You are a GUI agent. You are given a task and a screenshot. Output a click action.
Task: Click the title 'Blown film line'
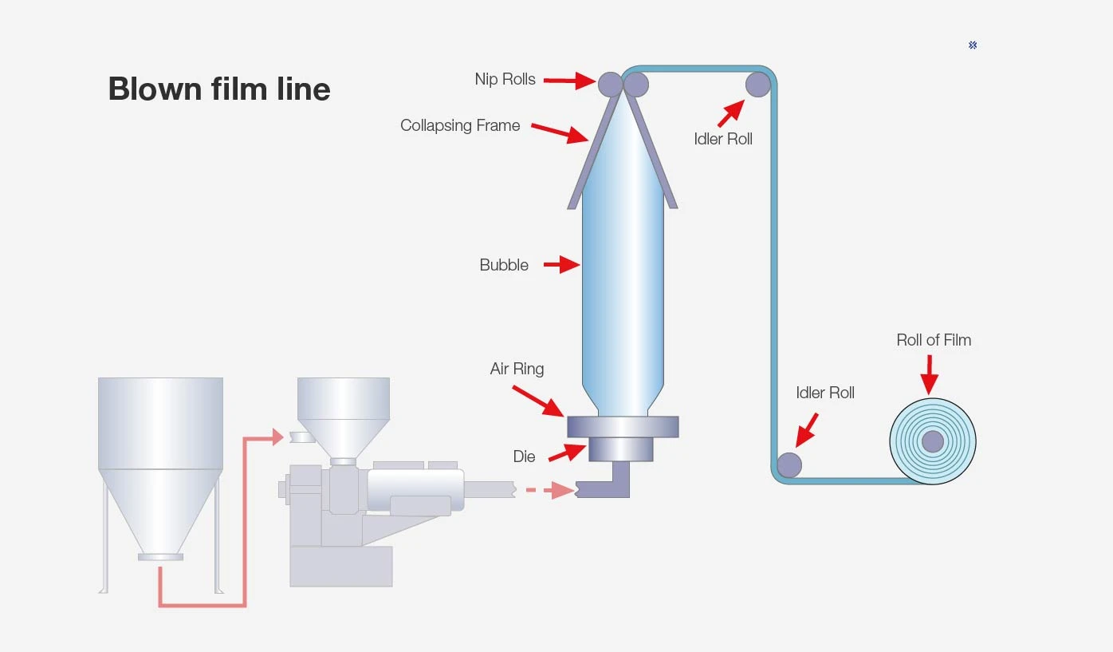219,89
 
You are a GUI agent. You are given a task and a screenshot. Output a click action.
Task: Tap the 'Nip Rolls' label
505,79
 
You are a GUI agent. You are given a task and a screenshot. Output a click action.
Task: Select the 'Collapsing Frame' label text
460,125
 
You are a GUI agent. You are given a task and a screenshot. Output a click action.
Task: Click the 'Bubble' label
504,265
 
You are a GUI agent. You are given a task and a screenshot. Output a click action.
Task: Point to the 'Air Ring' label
517,369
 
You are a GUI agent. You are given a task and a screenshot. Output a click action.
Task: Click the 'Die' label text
524,456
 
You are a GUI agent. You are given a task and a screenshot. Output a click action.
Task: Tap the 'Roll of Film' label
934,340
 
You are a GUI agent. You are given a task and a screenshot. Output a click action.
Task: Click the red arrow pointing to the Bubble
561,265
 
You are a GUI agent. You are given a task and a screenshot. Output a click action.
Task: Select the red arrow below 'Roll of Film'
929,374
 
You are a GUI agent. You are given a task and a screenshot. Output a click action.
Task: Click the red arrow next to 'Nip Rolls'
569,81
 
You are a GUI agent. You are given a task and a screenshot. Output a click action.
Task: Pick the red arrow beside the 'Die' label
567,452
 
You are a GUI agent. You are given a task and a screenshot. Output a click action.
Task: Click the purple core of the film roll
933,441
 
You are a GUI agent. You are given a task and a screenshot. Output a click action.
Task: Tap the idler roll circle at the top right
758,84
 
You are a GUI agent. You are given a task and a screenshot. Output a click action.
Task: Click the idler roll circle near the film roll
789,465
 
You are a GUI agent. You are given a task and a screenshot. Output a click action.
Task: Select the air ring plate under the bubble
623,427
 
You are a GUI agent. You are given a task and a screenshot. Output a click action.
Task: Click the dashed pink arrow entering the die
550,490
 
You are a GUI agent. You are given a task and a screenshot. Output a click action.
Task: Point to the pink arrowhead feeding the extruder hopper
277,437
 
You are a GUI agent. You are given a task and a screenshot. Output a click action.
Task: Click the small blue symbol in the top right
973,45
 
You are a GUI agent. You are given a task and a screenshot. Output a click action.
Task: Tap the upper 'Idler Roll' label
723,139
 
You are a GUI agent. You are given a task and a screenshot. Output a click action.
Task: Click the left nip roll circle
610,84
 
